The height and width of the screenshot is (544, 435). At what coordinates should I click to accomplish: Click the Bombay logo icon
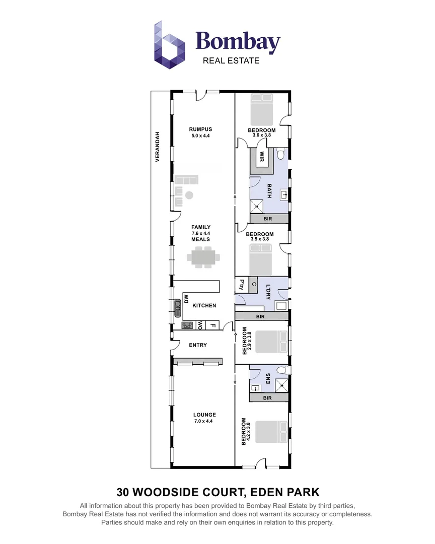click(170, 45)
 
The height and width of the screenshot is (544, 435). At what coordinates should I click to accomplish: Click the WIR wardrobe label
click(262, 157)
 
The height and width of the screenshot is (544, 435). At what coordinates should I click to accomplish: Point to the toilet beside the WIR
click(281, 152)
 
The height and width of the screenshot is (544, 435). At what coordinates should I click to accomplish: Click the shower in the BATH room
click(257, 206)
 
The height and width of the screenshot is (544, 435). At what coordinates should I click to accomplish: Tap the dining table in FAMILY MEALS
click(204, 257)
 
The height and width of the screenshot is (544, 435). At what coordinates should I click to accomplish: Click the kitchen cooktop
click(187, 325)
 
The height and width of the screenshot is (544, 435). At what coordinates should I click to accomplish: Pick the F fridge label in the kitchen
click(212, 325)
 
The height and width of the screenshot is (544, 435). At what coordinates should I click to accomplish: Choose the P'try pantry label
click(241, 285)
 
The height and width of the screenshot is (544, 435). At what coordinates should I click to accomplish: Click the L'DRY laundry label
click(268, 293)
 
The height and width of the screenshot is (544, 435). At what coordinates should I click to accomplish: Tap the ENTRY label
click(198, 345)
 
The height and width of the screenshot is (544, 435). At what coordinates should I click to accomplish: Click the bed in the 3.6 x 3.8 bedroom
click(261, 113)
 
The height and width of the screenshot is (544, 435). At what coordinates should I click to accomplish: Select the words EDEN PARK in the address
click(286, 491)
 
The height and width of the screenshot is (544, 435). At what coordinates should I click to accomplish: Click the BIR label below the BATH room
click(269, 219)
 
